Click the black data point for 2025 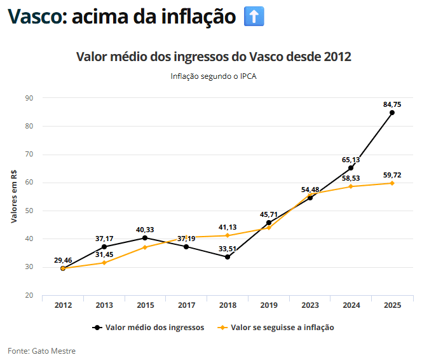tap(392, 113)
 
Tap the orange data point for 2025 tap(392, 183)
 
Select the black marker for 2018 tap(228, 257)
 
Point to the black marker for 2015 tap(145, 238)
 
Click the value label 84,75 tap(392, 104)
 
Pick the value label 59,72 tap(392, 174)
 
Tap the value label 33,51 tap(228, 248)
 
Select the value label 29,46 tap(63, 260)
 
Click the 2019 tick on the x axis tap(269, 305)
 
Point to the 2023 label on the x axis tap(310, 305)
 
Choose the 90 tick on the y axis tap(29, 98)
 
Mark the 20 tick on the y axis tap(29, 295)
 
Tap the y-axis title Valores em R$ tap(14, 197)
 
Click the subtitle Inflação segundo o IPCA tap(214, 76)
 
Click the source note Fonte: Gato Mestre tap(41, 350)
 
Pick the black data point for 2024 tap(351, 168)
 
